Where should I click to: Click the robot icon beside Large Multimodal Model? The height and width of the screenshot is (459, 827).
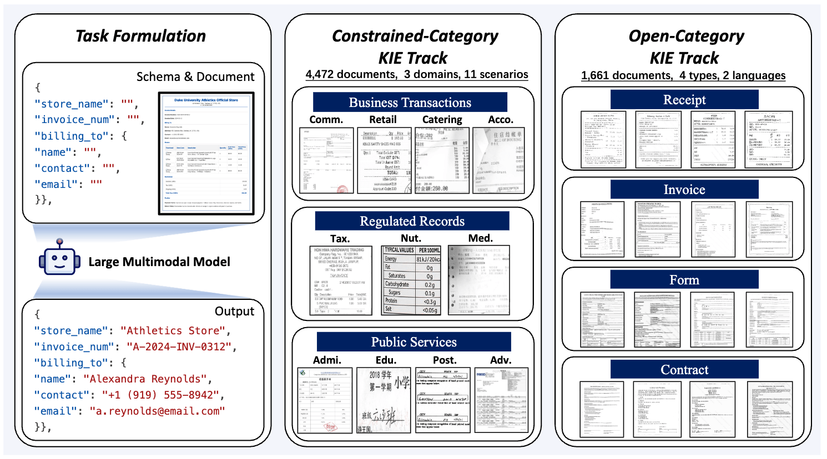pos(59,258)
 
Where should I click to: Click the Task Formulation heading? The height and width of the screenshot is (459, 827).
pos(140,36)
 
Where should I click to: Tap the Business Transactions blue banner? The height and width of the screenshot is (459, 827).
pos(410,103)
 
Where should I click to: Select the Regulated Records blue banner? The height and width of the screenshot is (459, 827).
pos(412,221)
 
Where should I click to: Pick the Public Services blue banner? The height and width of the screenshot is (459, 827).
pos(413,342)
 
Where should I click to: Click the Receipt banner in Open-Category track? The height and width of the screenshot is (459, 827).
pos(684,100)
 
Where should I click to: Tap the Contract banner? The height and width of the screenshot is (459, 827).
pos(684,370)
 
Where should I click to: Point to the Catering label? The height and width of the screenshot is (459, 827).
pos(442,120)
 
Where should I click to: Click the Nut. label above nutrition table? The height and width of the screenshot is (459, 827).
pos(411,238)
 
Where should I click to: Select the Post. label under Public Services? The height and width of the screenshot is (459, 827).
pos(444,360)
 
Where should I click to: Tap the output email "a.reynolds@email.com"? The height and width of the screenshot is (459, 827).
pos(157,411)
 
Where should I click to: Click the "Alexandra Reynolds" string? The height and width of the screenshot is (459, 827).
pos(148,379)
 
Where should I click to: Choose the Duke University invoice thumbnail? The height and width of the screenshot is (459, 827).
pos(206,154)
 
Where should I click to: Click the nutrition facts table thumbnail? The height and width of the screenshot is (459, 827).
pos(412,280)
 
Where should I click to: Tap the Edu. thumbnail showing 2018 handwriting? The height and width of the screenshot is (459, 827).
pos(383,400)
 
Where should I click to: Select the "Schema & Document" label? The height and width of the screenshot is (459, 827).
pos(195,77)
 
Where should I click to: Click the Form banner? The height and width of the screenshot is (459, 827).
pos(684,280)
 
